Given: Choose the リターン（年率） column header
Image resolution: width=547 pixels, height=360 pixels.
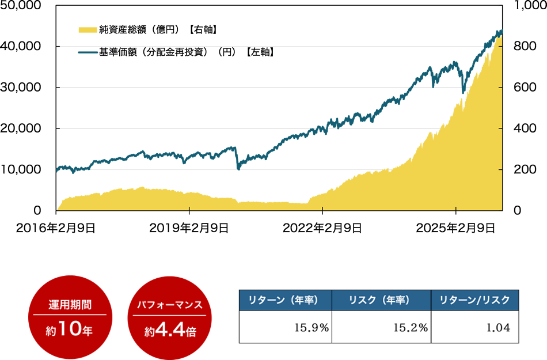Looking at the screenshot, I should (x=285, y=300).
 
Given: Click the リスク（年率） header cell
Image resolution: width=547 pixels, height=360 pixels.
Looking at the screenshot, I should (x=382, y=300).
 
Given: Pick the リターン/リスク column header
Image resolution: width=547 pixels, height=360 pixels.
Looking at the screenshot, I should (x=474, y=300).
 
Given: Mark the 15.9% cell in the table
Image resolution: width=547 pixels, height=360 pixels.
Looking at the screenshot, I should (x=312, y=328).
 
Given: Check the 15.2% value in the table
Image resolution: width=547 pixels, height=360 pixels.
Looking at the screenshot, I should (x=410, y=328).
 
